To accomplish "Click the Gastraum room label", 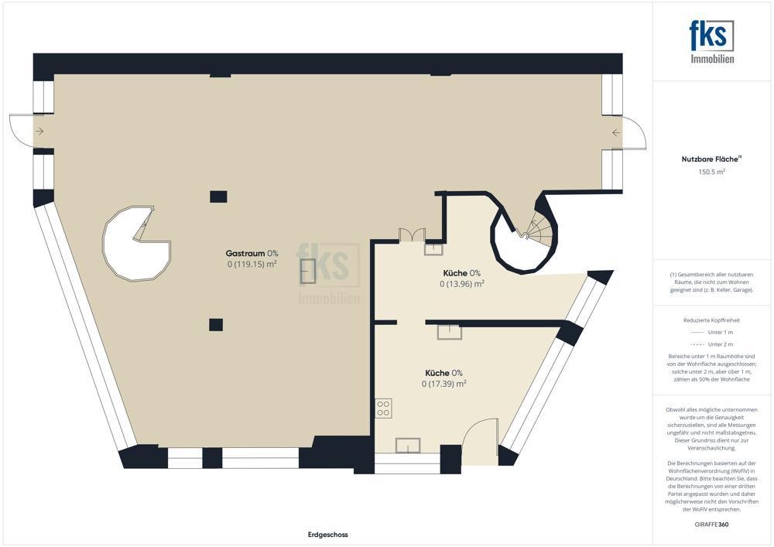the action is pos(245,254).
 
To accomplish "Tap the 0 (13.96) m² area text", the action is pos(461,284).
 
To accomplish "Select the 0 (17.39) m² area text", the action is pos(444,384).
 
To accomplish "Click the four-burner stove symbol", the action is pos(384,409).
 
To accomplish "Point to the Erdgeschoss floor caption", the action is pos(327,535).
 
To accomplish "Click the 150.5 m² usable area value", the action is pos(711,172).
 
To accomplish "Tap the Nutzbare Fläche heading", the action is pos(710,159).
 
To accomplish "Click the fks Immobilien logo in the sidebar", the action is pos(712,42).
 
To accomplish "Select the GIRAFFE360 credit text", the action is pos(711,525).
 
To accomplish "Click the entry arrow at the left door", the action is pos(40,132).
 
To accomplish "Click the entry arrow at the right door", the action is pos(615,132).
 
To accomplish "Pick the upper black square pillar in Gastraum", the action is pos(218,197).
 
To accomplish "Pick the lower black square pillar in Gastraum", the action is pos(216,324).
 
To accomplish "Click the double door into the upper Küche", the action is pos(412,234).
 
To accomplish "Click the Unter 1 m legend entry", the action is pos(711,333).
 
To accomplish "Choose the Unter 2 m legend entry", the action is pos(711,344).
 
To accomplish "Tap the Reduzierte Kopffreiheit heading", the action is pos(711,320).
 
